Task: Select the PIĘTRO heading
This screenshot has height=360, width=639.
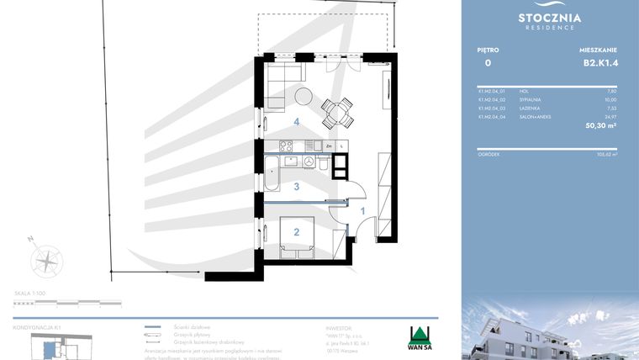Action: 487,50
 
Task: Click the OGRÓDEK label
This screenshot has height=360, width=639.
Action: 488,154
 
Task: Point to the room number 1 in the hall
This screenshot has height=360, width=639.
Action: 362,211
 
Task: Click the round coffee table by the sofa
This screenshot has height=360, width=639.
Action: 300,95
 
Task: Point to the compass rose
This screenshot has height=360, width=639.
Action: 46,259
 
